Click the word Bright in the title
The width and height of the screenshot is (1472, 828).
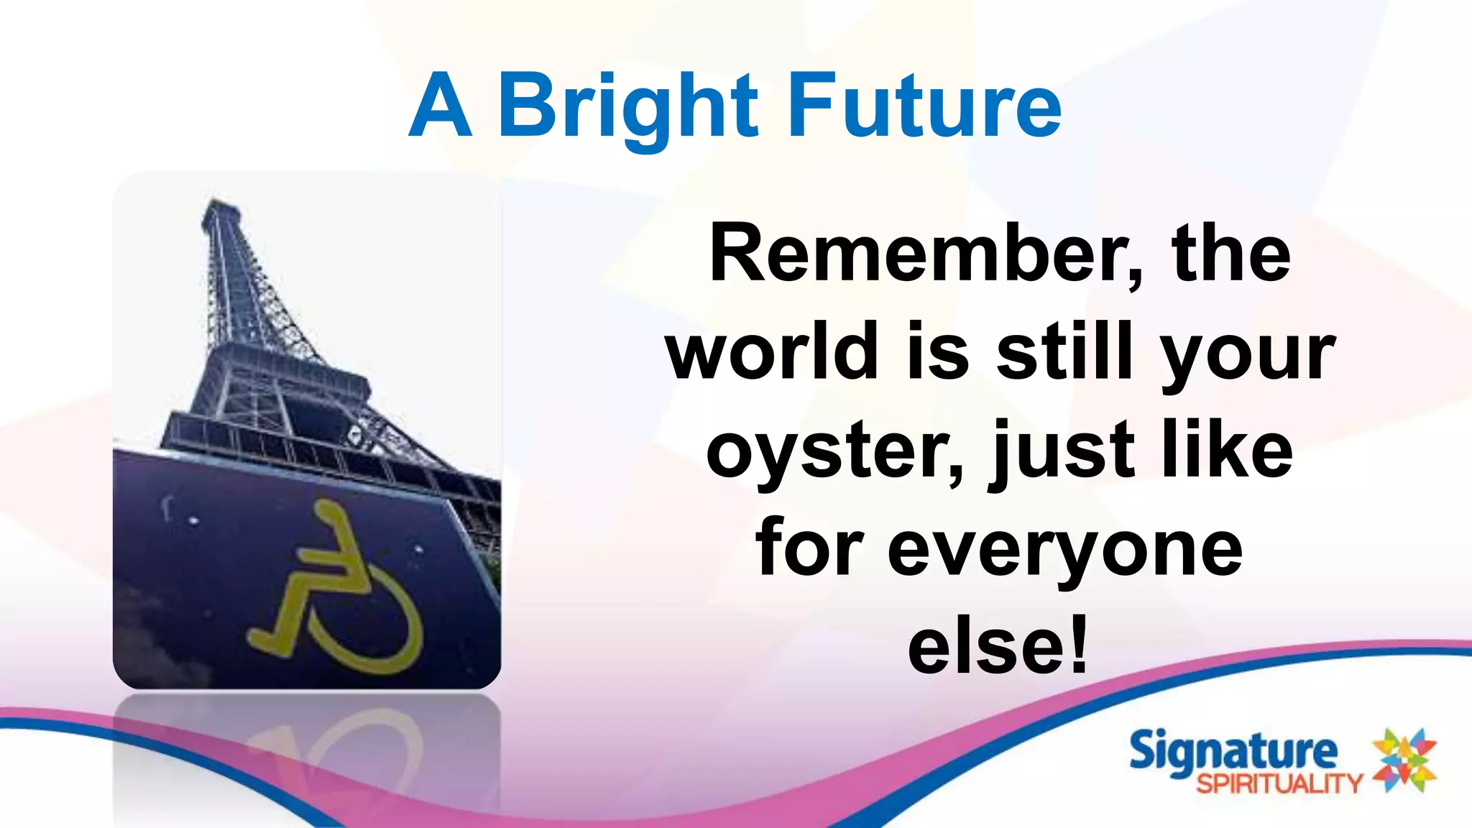627,108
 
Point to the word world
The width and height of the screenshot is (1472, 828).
773,352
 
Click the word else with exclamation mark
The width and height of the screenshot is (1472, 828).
998,647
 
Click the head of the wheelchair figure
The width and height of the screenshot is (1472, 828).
327,512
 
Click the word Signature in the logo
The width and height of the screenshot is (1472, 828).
1233,752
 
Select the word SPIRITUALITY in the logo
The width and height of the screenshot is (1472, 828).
1279,783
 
